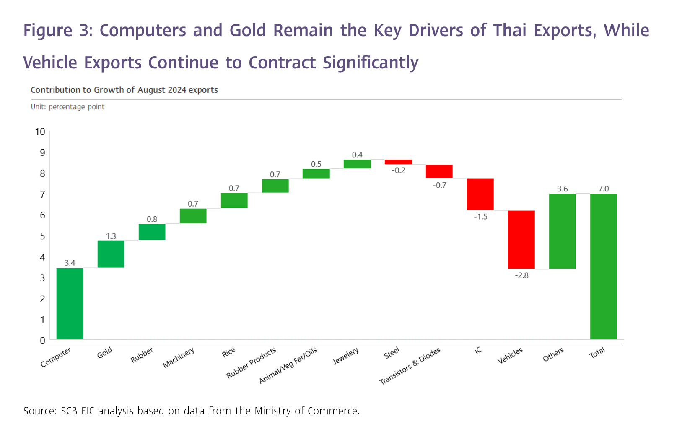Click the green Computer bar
(x=70, y=304)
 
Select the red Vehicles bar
(x=521, y=239)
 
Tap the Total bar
(x=604, y=266)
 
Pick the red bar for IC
(x=480, y=194)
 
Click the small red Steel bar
(x=398, y=162)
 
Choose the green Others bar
(x=563, y=231)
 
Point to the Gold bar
(x=111, y=254)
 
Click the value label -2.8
(x=521, y=275)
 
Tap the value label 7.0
(x=604, y=189)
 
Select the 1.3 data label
(x=111, y=236)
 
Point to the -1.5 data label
(x=480, y=217)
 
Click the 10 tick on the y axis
(x=40, y=132)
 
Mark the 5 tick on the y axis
(x=42, y=236)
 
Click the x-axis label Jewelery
(x=345, y=356)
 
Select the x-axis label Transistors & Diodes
(x=410, y=366)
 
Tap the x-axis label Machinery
(x=179, y=357)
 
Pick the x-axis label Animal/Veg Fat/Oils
(x=288, y=365)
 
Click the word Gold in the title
(x=248, y=31)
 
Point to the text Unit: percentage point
(x=67, y=107)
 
